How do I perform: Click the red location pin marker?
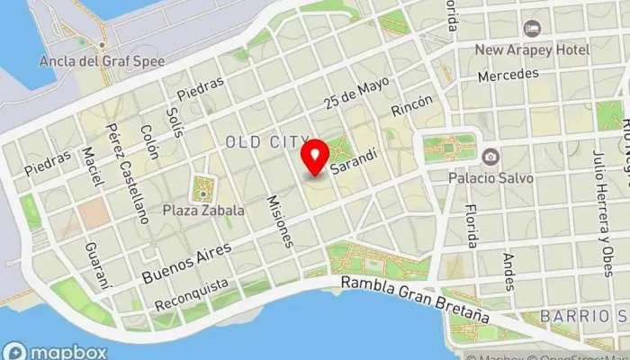315,157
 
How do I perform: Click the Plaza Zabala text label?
203,210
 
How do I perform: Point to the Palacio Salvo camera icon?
490,157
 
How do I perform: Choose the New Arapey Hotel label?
532,49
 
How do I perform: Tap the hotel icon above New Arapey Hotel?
532,29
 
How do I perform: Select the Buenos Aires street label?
186,263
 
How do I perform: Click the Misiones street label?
281,220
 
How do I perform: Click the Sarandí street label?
353,160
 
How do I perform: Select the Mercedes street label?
508,75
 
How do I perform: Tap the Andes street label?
509,271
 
